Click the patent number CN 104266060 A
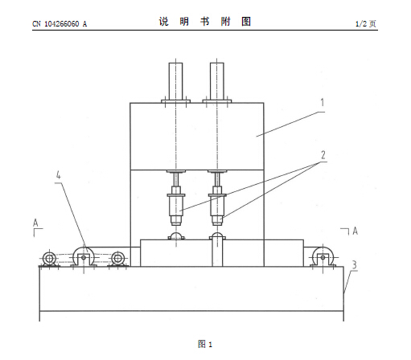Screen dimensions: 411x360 click(60, 24)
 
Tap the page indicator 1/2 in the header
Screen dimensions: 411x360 click(361, 24)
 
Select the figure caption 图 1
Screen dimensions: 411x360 click(205, 344)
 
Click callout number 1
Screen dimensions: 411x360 click(323, 102)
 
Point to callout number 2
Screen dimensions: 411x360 click(323, 155)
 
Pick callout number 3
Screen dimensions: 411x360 click(354, 265)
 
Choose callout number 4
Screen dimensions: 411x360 click(58, 175)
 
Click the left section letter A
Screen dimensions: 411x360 click(35, 223)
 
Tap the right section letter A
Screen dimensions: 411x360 click(355, 231)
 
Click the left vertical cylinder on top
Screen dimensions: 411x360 click(175, 81)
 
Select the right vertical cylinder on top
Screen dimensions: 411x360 click(217, 81)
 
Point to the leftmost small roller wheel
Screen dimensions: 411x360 click(49, 259)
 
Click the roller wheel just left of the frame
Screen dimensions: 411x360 click(117, 259)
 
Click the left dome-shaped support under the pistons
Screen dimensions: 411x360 click(176, 236)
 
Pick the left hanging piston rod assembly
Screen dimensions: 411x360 click(176, 198)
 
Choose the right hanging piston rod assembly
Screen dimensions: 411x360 click(217, 198)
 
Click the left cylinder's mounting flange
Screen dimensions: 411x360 click(175, 101)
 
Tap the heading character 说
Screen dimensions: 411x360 click(163, 22)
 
